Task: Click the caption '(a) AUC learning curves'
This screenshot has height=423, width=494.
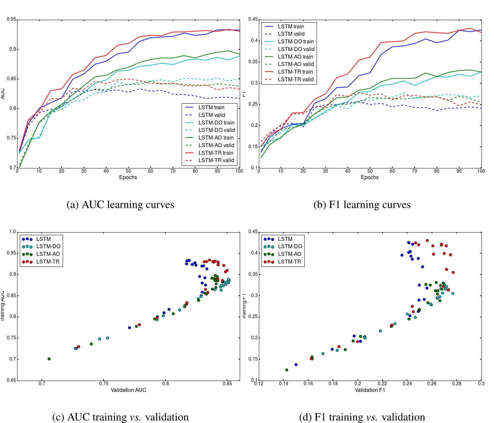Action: tap(120, 205)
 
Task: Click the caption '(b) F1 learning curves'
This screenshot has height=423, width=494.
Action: tap(362, 205)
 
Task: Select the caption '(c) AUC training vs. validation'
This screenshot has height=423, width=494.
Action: tap(120, 417)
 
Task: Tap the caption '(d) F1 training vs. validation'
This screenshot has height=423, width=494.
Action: tap(362, 417)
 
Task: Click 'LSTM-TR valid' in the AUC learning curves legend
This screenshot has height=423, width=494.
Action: tap(216, 160)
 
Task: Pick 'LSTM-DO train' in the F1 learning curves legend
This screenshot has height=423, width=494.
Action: tap(296, 41)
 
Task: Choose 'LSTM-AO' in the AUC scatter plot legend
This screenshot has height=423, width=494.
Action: tap(48, 254)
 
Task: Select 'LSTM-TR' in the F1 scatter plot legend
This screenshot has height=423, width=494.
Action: tap(289, 262)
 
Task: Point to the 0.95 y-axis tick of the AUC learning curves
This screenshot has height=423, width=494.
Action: tap(11, 19)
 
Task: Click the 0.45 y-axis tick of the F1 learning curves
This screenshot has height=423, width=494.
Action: tap(253, 19)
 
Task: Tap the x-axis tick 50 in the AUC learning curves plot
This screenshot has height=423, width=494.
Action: tap(128, 171)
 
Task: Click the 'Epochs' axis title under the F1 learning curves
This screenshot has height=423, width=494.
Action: tap(369, 177)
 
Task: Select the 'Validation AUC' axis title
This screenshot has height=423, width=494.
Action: tap(128, 390)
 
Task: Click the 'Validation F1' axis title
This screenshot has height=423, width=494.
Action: tap(370, 390)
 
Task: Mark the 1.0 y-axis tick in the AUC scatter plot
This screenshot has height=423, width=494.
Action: tap(13, 232)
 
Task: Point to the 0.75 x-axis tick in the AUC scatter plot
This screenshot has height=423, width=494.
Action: tap(104, 383)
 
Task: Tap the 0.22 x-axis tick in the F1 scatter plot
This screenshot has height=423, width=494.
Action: tap(382, 383)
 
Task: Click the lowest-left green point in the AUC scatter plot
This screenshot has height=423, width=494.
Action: tap(49, 359)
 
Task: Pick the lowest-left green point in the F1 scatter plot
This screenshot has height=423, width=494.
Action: tap(286, 370)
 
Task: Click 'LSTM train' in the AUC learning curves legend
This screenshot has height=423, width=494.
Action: tap(211, 107)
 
